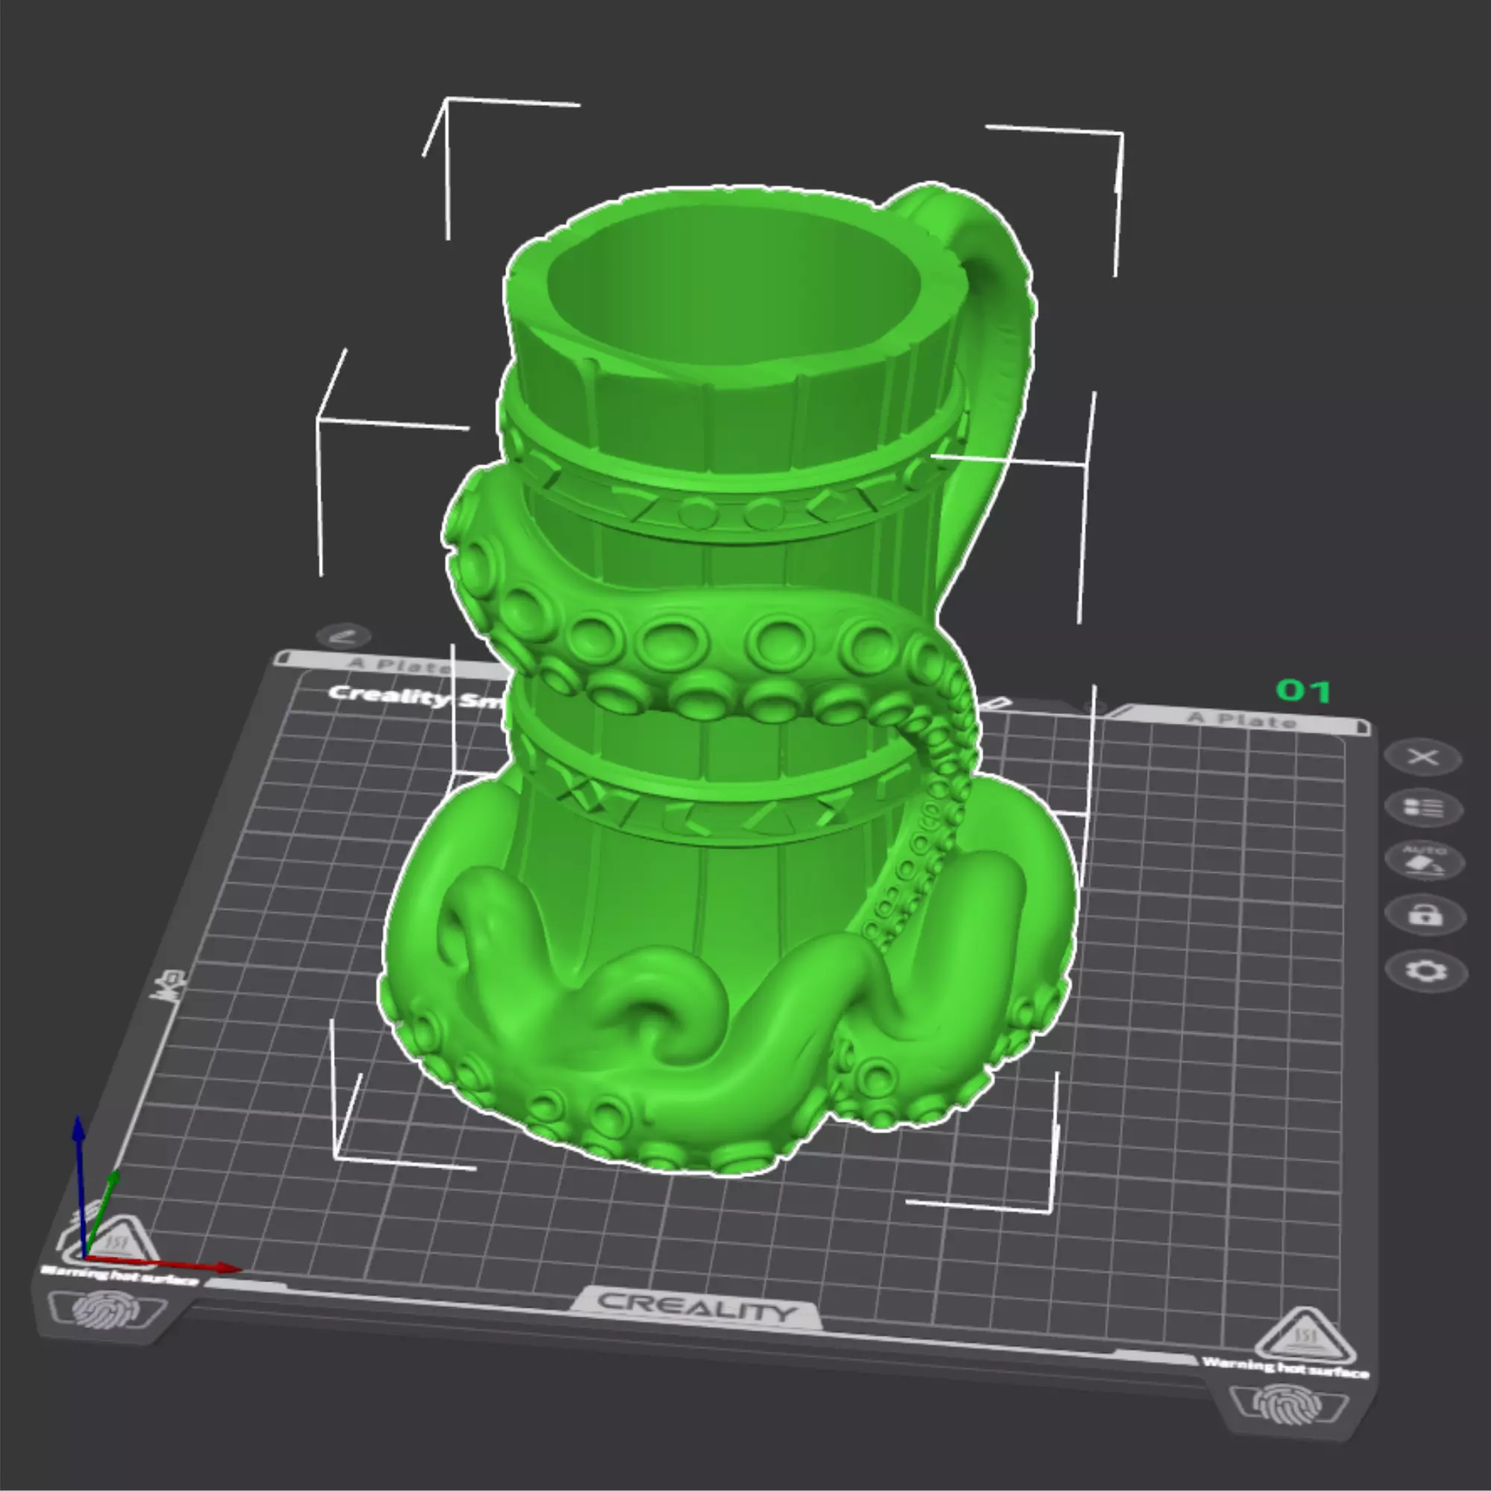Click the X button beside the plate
point(1422,757)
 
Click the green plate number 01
point(1303,691)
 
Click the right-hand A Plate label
point(1242,720)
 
